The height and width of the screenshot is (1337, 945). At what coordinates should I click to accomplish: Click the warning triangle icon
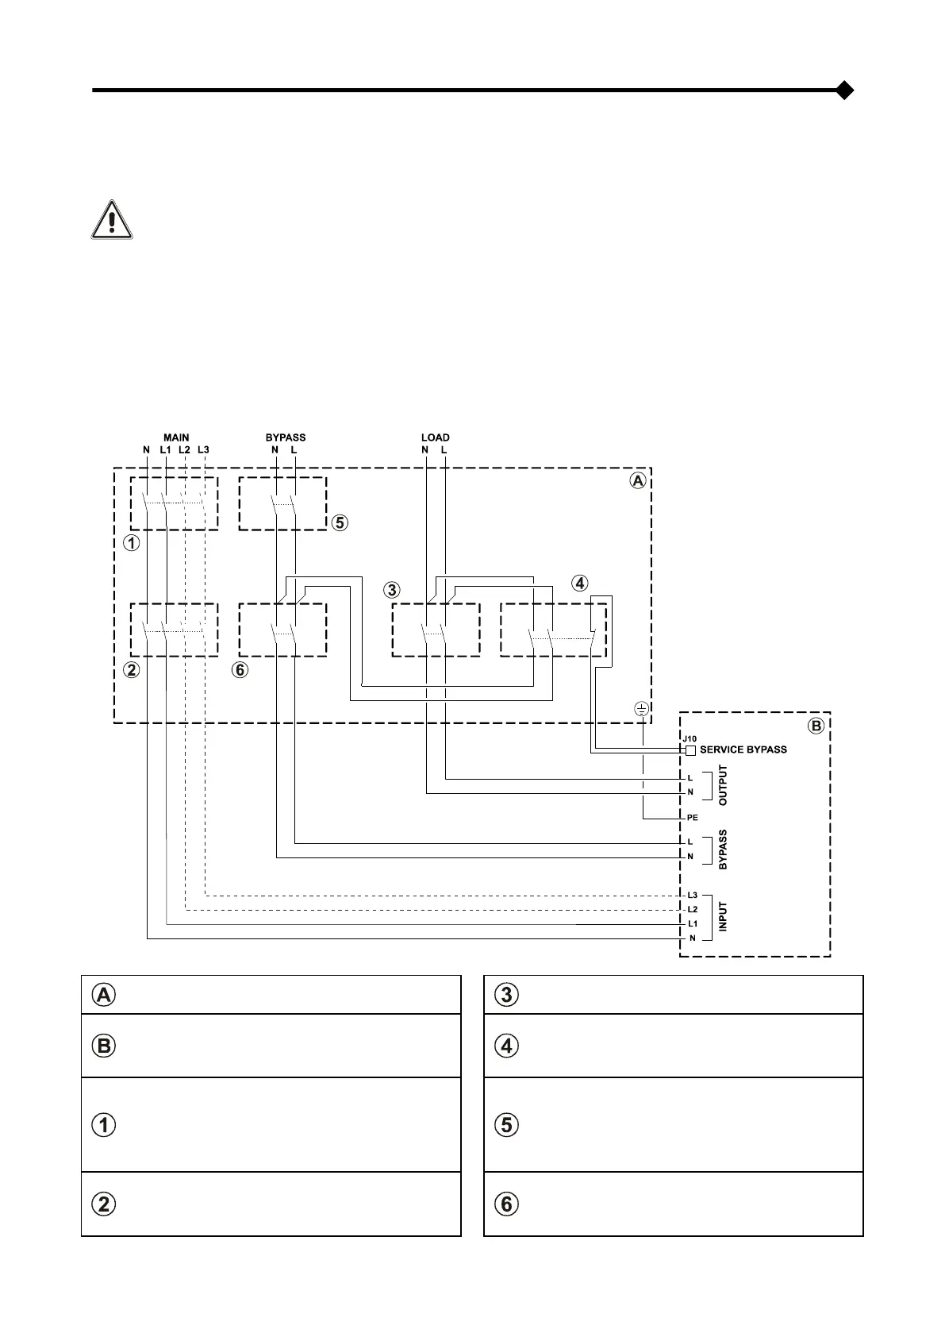point(112,220)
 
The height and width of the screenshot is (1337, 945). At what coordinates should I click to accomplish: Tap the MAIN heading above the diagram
point(176,437)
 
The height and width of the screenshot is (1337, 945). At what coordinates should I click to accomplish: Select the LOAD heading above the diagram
point(435,437)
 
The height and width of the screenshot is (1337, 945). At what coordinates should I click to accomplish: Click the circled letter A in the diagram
point(637,481)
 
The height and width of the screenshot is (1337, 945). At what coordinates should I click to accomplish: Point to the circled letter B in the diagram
point(816,726)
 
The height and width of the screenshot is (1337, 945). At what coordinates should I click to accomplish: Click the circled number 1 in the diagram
point(132,544)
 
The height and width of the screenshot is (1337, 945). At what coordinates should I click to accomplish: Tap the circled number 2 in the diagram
point(132,670)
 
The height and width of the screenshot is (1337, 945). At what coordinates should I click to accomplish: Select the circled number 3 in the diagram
point(392,591)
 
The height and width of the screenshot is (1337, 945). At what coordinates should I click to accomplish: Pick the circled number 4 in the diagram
point(580,584)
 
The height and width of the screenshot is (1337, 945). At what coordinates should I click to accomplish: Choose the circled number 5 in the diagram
point(340,523)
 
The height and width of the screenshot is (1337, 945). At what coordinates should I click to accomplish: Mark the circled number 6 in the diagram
point(240,670)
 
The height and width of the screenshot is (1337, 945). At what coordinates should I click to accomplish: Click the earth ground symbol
point(642,709)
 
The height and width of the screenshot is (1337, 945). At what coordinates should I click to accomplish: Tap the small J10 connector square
point(690,750)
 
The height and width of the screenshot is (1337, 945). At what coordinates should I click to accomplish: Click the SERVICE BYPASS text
point(743,749)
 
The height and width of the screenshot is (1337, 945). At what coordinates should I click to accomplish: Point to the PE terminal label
point(692,818)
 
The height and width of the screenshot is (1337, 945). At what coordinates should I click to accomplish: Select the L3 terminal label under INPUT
point(692,896)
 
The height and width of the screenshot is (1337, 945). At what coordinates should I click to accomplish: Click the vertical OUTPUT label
point(723,785)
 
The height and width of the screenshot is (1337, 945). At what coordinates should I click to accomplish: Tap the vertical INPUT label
point(723,917)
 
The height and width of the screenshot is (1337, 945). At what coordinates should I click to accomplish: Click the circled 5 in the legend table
point(508,1125)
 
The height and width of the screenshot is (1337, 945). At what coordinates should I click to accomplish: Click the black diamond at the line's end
point(845,91)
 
